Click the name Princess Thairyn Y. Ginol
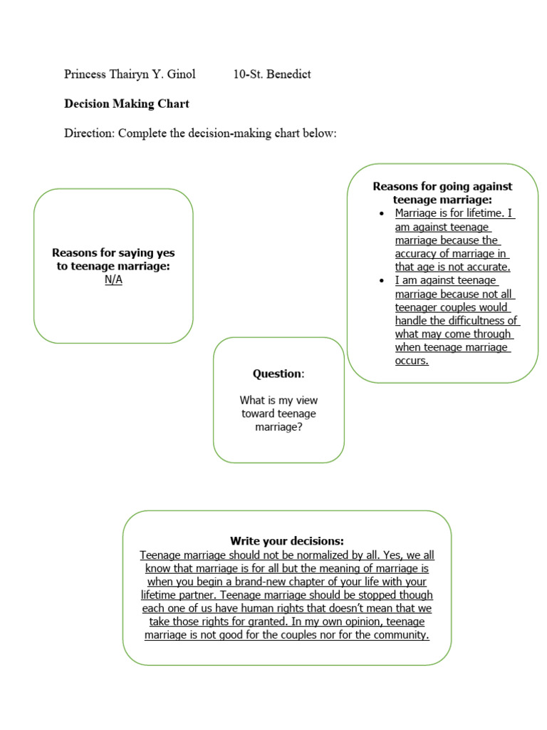tap(130, 74)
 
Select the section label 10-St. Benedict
tap(272, 74)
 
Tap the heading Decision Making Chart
tap(127, 104)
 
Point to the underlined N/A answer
tap(113, 279)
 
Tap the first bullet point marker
tap(382, 214)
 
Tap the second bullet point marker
tap(382, 281)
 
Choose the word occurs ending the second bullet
tap(412, 361)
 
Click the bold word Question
tap(278, 374)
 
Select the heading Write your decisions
tap(286, 542)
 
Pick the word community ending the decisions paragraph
tap(403, 635)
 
